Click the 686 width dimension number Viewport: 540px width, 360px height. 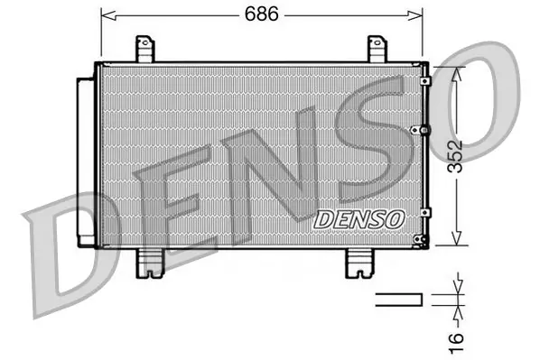click(261, 14)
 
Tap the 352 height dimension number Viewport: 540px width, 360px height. click(455, 156)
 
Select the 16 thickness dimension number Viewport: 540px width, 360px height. click(456, 342)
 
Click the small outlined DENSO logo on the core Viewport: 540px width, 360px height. click(359, 219)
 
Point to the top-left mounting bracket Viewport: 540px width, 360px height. click(144, 49)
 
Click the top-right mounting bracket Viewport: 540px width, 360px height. click(377, 49)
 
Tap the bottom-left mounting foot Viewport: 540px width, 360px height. click(150, 263)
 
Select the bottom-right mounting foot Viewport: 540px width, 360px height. click(360, 263)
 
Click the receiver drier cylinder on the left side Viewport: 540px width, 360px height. click(86, 162)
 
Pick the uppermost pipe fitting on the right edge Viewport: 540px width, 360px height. click(425, 81)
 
